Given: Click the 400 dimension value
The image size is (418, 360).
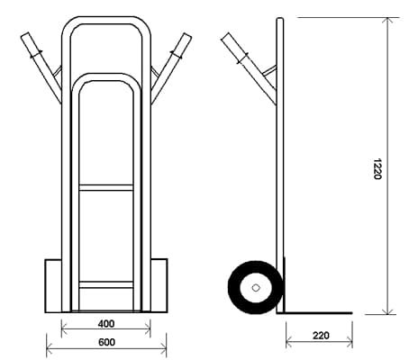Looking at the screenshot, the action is pos(106,324).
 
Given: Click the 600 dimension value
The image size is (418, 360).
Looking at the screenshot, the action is pos(106,342).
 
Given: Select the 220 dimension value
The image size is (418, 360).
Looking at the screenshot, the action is pos(321,336).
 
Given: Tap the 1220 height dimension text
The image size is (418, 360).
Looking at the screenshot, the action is pos(377,169).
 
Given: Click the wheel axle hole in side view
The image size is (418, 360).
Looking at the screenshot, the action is pos(256,288).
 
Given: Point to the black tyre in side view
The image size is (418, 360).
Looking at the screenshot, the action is pos(234,288).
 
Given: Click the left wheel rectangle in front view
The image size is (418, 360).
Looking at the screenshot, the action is pos(53,286).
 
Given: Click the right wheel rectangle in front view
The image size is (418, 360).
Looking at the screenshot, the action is pos(159,286).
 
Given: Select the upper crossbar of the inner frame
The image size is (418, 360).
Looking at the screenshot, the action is pos(106,188).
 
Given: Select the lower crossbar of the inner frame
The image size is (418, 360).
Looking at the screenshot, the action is pos(106,284).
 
